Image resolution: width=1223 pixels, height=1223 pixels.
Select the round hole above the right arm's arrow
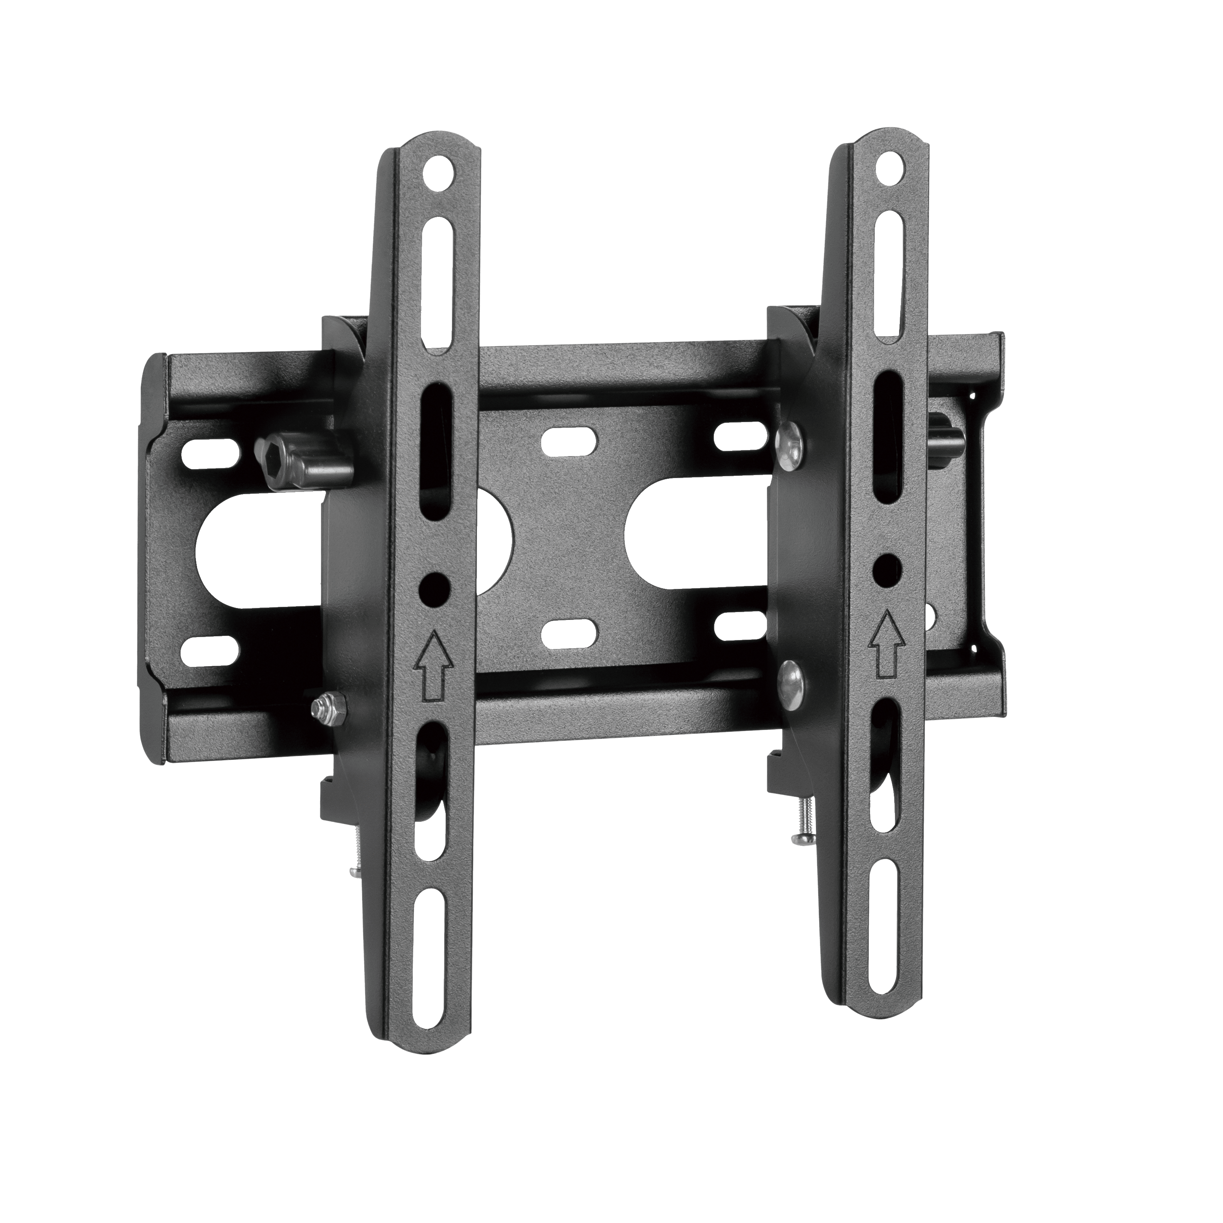(x=889, y=565)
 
